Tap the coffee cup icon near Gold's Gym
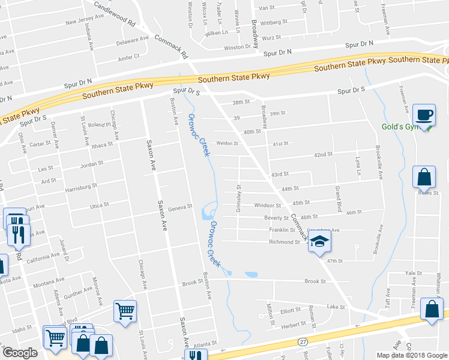pos(424,115)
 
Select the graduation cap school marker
pos(320,241)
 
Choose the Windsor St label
pos(268,206)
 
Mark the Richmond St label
pos(285,242)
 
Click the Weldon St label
pos(228,143)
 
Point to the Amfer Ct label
pos(128,56)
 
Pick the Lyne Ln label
pos(357,165)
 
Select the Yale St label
pos(411,272)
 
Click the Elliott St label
pos(290,311)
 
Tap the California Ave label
pos(44,257)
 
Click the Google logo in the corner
pos(20,353)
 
